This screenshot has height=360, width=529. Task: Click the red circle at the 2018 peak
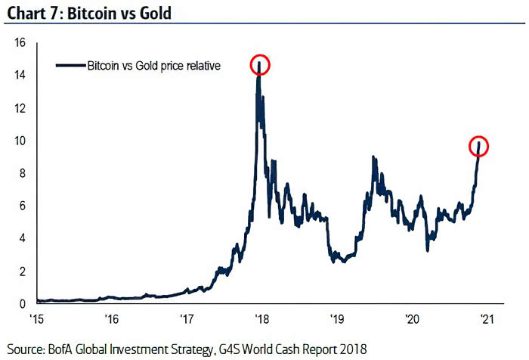coord(259,65)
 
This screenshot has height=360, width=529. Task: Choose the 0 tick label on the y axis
coord(23,304)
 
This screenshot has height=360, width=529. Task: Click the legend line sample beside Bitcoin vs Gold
coord(70,66)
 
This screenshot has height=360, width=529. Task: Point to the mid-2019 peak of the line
coord(373,157)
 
